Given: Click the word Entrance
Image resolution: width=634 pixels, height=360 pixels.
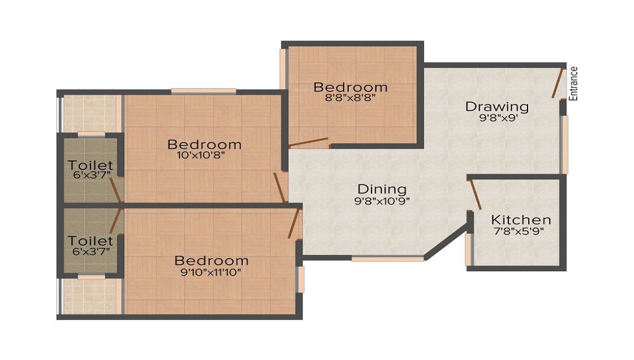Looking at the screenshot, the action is [x=573, y=83].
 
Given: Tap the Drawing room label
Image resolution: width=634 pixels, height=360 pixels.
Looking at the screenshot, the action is [x=497, y=106].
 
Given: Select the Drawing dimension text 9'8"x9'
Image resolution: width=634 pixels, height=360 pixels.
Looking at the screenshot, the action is [x=498, y=118].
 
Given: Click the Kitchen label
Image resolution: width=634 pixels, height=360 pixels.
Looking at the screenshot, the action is [x=521, y=220].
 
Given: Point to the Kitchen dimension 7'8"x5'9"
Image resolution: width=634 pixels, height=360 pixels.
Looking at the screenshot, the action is [x=519, y=231].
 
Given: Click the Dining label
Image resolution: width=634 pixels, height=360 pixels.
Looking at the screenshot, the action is [x=382, y=189].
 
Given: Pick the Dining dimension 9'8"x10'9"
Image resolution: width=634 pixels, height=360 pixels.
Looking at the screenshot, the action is [x=382, y=201].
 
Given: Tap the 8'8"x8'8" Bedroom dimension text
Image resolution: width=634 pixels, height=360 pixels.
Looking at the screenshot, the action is [x=351, y=98].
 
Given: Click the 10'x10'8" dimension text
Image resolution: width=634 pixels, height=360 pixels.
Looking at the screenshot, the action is [x=201, y=155].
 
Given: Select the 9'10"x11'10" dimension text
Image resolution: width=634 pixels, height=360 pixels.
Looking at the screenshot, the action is [x=211, y=272].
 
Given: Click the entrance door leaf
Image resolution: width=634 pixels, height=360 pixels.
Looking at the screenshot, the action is [x=557, y=83].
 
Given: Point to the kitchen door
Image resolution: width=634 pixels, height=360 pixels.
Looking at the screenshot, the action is [x=475, y=195].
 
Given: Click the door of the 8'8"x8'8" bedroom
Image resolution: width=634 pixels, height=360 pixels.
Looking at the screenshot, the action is [x=309, y=142].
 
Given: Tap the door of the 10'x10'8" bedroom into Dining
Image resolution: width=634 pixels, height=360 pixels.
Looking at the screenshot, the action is [x=280, y=188].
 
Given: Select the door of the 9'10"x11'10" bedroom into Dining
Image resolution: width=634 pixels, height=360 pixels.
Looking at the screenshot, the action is [x=294, y=224].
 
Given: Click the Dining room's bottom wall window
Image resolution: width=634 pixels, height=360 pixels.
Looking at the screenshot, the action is [x=387, y=258].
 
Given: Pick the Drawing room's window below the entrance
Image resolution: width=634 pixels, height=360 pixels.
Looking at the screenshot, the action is [x=564, y=145].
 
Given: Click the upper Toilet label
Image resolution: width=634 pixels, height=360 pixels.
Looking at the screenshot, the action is [x=90, y=165].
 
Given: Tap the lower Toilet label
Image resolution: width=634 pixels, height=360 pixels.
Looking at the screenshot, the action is [x=90, y=241].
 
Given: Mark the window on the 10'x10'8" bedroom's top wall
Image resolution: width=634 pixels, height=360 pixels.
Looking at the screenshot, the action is [x=204, y=91].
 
